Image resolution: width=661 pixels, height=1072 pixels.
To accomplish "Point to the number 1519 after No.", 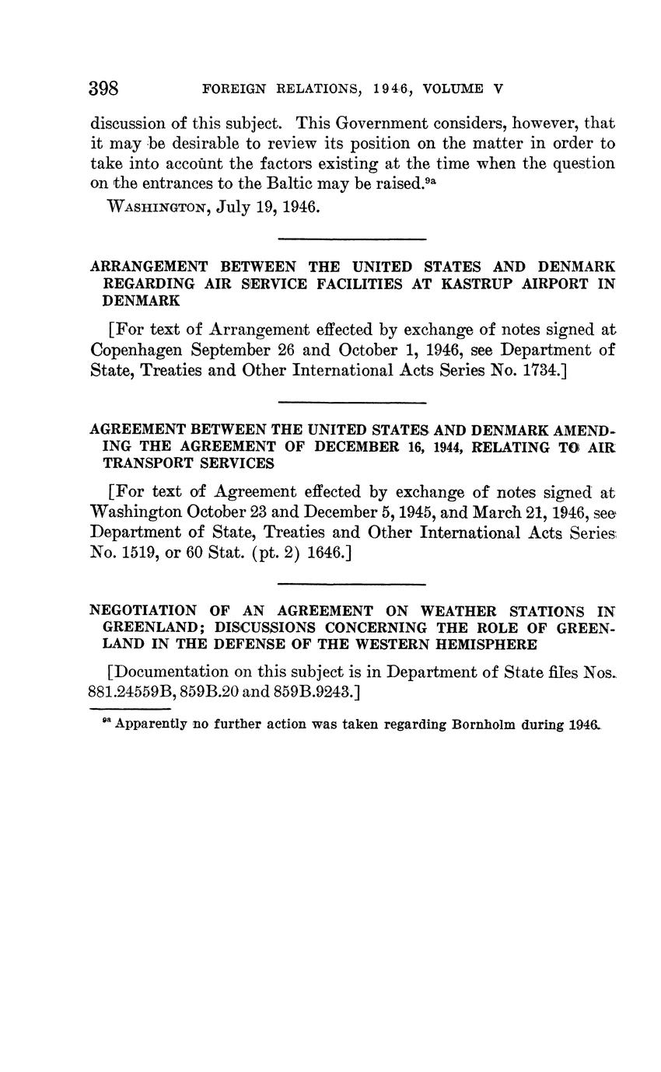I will pos(138,553).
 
